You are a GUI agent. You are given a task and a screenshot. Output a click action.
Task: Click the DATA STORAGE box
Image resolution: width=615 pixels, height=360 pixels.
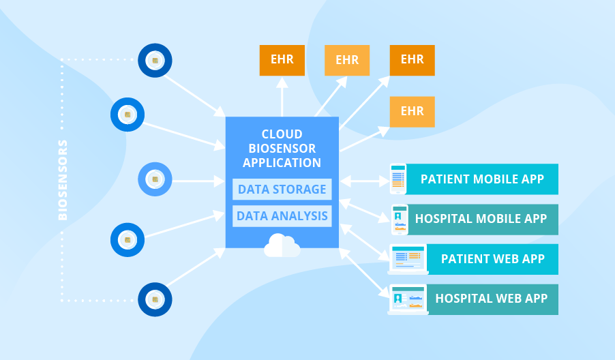click(x=282, y=189)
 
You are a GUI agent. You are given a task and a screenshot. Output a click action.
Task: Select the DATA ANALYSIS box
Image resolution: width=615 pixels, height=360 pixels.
click(x=282, y=217)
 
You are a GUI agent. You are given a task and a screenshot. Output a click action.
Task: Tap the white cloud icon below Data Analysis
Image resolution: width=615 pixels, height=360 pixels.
click(x=282, y=245)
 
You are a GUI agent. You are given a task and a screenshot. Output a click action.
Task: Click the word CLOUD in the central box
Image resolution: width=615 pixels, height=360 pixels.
click(x=282, y=134)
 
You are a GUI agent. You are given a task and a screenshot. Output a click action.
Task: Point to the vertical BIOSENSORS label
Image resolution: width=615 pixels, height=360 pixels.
click(x=63, y=180)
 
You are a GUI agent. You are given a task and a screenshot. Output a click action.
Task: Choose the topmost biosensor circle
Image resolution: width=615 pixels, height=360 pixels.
click(x=155, y=61)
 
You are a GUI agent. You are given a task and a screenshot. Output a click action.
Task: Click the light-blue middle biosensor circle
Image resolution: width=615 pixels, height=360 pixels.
click(x=155, y=179)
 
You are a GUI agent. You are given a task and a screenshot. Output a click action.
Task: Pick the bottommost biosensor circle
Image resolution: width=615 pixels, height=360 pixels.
click(x=155, y=300)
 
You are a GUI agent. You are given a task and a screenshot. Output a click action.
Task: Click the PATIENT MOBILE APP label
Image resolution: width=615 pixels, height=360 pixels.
click(x=482, y=179)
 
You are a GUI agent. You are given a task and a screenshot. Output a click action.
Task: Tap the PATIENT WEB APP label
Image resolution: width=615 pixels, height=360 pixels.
click(x=492, y=259)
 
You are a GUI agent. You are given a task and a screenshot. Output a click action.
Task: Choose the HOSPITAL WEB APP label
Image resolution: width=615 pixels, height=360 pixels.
click(x=491, y=299)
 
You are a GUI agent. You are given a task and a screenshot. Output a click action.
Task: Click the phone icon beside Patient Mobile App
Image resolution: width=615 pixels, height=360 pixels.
click(x=397, y=179)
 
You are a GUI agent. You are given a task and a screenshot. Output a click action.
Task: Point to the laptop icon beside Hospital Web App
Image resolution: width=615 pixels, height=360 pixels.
click(x=407, y=299)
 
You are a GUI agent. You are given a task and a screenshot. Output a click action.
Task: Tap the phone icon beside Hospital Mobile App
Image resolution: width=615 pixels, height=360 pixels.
click(x=399, y=219)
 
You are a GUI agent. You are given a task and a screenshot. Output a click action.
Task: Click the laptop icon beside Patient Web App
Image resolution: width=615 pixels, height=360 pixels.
click(x=407, y=259)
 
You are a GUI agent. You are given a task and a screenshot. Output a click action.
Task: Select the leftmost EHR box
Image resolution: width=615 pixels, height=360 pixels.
click(x=282, y=60)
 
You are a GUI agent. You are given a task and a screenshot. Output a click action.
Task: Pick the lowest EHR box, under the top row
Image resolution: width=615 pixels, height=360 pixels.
click(x=412, y=111)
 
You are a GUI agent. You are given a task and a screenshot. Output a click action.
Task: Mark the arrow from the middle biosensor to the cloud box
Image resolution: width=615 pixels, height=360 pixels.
click(x=198, y=181)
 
